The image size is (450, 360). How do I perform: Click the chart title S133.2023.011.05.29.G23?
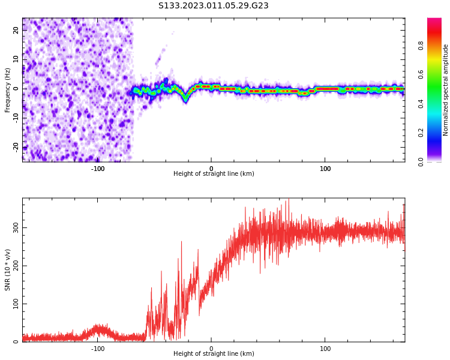click(x=213, y=6)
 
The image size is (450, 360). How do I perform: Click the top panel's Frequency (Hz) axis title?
click(x=8, y=90)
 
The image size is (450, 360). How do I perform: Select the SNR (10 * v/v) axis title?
click(x=8, y=270)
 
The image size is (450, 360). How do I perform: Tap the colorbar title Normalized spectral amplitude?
click(x=446, y=90)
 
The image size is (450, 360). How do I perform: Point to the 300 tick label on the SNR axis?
click(x=16, y=227)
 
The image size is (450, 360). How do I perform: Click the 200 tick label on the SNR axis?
click(x=16, y=266)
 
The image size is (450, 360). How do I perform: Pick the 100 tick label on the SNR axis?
click(x=16, y=304)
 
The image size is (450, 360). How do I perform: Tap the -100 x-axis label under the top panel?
click(x=98, y=169)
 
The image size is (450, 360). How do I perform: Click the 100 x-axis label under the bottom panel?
click(x=325, y=349)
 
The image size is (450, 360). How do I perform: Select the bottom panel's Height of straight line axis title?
click(x=214, y=354)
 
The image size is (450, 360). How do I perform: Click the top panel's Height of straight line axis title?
click(x=214, y=174)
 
